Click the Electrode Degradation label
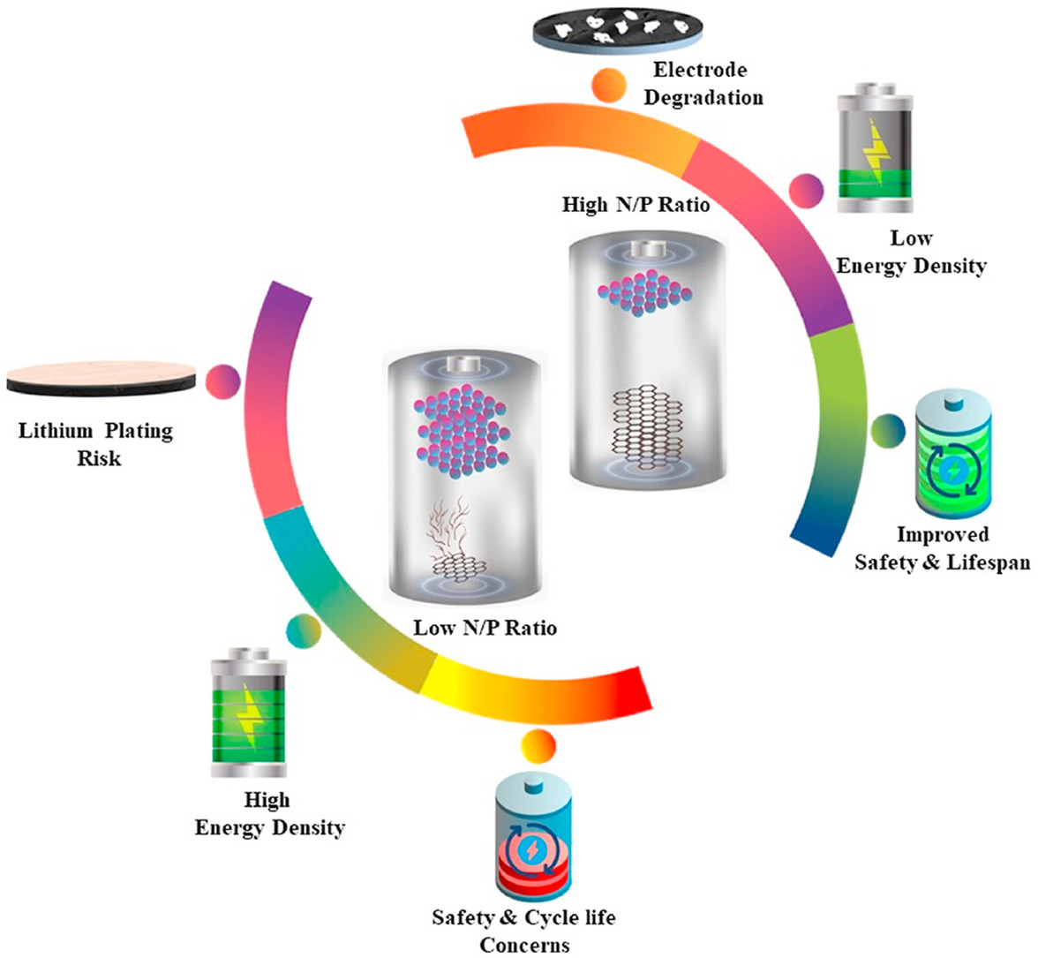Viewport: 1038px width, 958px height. [x=703, y=84]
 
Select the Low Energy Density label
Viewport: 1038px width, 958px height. [x=911, y=252]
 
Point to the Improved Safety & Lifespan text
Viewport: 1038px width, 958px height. [x=942, y=548]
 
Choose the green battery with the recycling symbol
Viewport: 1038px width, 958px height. [x=952, y=456]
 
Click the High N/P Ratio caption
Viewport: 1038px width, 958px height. [x=636, y=205]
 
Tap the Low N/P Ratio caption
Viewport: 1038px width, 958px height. [x=485, y=628]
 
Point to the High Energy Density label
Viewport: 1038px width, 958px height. [x=268, y=814]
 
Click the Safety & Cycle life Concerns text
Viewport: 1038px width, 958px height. [x=523, y=931]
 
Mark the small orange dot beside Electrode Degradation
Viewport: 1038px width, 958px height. [x=609, y=87]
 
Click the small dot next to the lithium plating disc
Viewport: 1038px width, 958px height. [x=222, y=381]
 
